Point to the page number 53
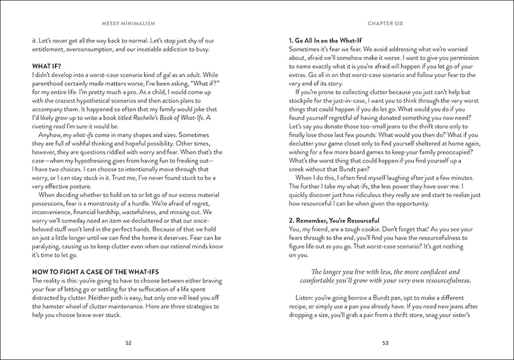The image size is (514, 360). point(385,343)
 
